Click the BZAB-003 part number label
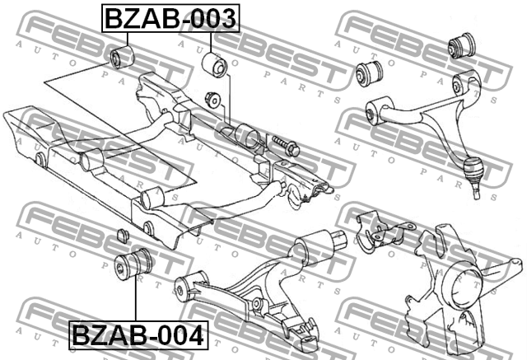[170, 18]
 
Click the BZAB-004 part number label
[138, 335]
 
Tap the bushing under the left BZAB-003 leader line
[123, 58]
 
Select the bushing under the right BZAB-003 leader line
[215, 65]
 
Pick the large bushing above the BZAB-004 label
[133, 265]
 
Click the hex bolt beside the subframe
[286, 146]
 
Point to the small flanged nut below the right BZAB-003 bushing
[212, 100]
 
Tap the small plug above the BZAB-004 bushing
[124, 235]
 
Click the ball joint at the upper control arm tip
[473, 174]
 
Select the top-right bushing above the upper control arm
[463, 45]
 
